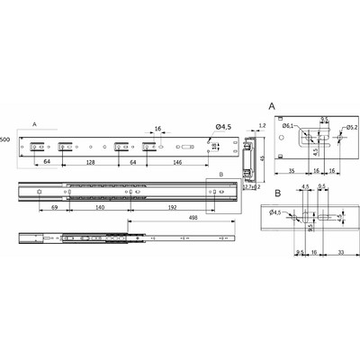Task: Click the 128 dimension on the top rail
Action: pos(91,164)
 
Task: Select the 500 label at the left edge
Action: pos(5,140)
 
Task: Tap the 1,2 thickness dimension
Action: pos(262,126)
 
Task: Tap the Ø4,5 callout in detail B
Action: pos(274,212)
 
